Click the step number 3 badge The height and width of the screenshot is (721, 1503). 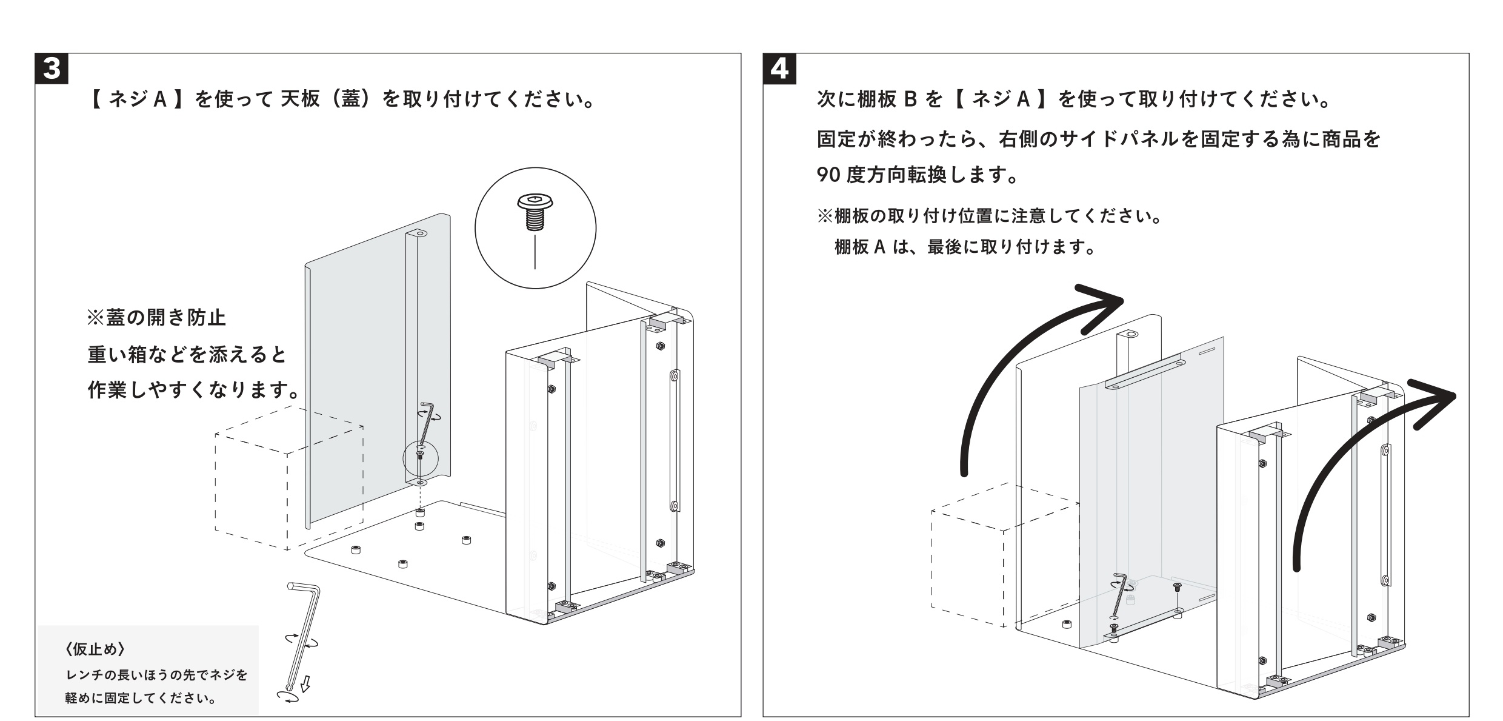click(52, 69)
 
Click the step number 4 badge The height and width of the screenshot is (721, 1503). click(780, 69)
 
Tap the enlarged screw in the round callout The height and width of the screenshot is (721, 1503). click(534, 213)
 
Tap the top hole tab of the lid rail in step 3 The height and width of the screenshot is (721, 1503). click(418, 233)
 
